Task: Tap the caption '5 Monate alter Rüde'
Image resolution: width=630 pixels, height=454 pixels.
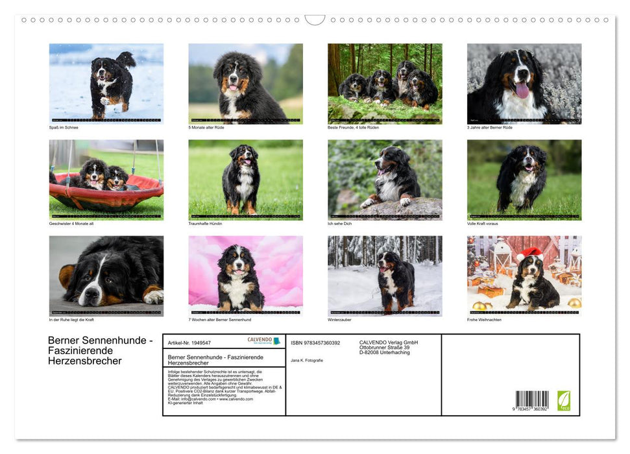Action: pos(206,127)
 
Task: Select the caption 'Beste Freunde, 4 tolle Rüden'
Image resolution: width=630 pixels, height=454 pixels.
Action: pos(354,127)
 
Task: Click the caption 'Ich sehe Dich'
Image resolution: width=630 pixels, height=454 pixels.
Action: pos(339,223)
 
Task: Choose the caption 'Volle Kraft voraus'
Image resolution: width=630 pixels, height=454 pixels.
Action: pos(482,223)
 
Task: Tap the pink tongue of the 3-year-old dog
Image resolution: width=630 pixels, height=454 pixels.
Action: pos(522,90)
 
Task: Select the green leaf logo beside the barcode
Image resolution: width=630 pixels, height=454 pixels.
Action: pos(564,400)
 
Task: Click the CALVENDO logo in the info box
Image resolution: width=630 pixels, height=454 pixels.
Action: pos(263,340)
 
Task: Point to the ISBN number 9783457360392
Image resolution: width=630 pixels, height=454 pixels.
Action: pos(315,342)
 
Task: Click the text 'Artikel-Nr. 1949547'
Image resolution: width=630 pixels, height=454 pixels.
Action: pos(189,342)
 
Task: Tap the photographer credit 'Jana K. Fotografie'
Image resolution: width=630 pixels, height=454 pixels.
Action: pos(307,360)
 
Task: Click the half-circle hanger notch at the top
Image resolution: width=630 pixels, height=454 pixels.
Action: pos(315,19)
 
